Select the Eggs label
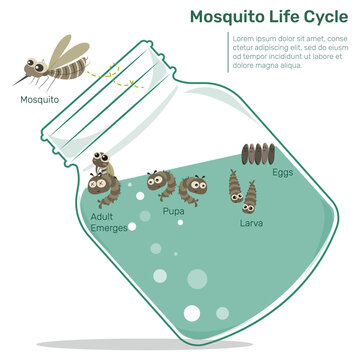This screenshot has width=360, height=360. point(283,173)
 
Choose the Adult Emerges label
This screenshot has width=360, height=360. point(109,222)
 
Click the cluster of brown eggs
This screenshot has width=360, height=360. point(257,155)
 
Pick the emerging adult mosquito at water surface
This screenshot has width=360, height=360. point(102,174)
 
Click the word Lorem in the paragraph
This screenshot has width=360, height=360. point(245,39)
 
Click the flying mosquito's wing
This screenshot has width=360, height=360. point(62,50)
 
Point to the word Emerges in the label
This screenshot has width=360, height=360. point(109,228)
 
